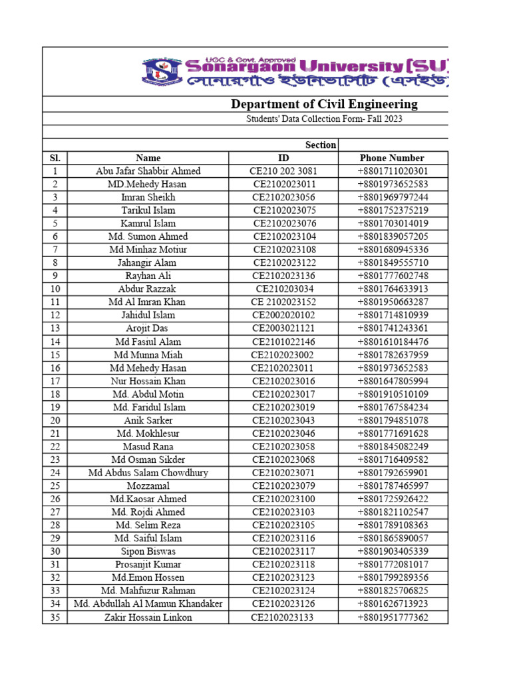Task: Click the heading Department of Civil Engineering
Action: (324, 104)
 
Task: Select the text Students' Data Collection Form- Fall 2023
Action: (324, 119)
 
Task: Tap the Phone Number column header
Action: (392, 158)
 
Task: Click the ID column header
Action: (283, 158)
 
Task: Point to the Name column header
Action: (148, 158)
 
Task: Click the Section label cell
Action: (320, 145)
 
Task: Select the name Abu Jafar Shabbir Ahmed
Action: (148, 171)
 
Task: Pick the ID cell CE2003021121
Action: (283, 328)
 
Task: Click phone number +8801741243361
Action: (393, 328)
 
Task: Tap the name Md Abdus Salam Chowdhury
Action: (148, 473)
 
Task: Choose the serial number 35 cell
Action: (55, 617)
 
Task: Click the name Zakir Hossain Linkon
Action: (148, 617)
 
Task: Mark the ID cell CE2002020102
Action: (283, 315)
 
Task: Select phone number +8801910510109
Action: (393, 394)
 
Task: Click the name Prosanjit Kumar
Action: (148, 565)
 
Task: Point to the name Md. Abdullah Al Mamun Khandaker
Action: (148, 604)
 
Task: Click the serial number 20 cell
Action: (55, 420)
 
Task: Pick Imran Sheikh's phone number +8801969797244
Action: (393, 197)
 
